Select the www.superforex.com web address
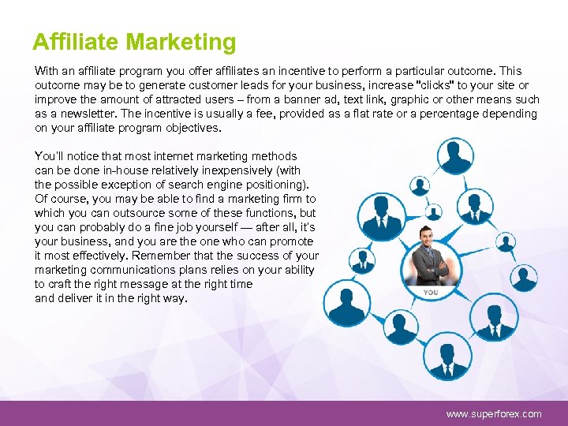(x=494, y=413)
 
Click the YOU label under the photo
(x=430, y=293)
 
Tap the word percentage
(x=459, y=114)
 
